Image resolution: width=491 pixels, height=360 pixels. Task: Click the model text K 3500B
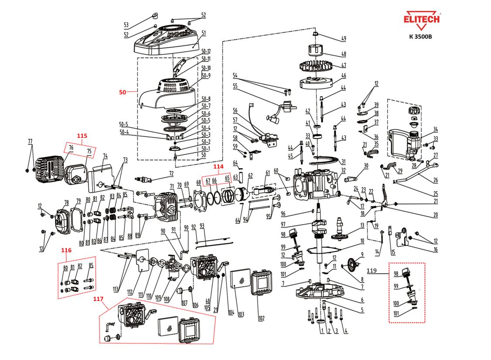[420, 37]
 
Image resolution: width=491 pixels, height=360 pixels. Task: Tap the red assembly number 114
[218, 166]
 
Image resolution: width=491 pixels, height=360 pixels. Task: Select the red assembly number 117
[98, 299]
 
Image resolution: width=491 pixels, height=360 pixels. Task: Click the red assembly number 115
[82, 136]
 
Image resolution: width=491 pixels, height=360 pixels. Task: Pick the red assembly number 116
[66, 250]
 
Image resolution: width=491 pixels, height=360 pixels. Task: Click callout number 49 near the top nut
[343, 39]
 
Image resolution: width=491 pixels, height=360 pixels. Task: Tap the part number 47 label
[343, 65]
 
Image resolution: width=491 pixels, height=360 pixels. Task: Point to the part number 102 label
[261, 318]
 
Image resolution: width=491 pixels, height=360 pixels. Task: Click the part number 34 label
[435, 129]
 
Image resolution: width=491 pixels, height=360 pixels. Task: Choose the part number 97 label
[283, 224]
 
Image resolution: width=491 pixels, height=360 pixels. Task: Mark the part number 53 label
[126, 24]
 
